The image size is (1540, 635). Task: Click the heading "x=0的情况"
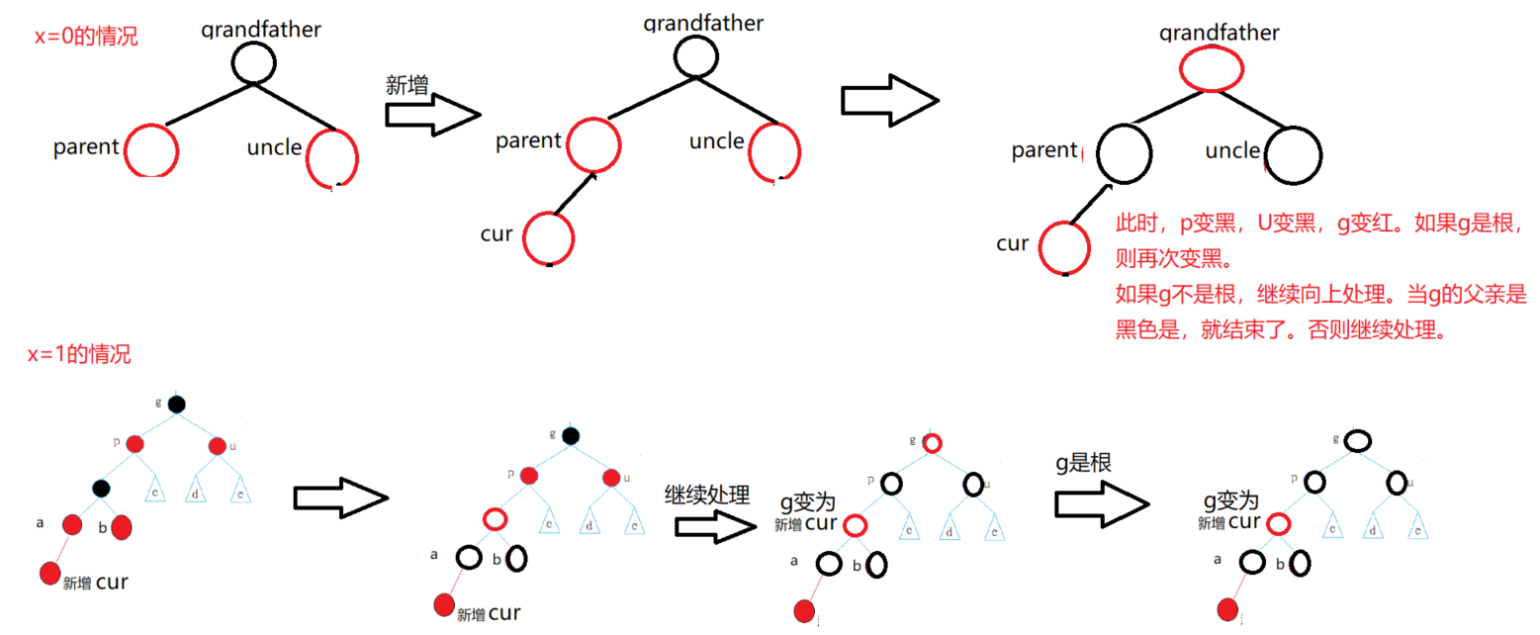[86, 38]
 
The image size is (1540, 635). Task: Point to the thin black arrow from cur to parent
[574, 193]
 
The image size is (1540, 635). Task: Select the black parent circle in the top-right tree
[1124, 154]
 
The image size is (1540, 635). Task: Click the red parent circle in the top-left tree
[151, 149]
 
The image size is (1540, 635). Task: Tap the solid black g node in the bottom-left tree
[176, 404]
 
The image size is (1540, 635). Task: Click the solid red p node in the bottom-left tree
[135, 445]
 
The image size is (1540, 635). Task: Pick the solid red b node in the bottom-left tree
[121, 528]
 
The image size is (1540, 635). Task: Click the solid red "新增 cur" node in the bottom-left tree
[49, 573]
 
